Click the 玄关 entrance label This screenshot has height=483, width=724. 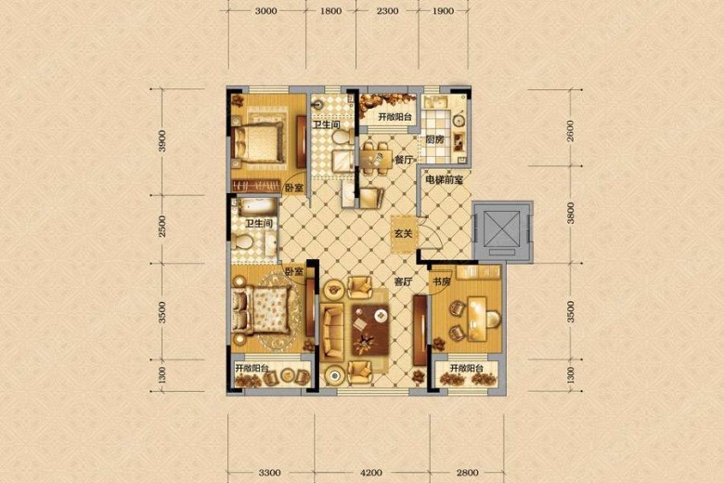tap(403, 234)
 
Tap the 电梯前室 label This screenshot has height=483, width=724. tap(444, 180)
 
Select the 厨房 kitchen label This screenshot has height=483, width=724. tap(434, 139)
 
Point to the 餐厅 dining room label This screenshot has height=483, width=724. tap(404, 160)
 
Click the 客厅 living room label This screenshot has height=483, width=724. tap(403, 281)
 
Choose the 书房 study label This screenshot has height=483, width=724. tap(441, 281)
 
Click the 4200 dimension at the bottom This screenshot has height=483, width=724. tap(370, 473)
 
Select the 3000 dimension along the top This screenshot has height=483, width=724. tap(266, 10)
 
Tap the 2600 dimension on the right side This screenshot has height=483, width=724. tap(571, 131)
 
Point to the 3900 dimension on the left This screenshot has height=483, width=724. tap(162, 141)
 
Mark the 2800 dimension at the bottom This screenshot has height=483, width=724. tap(467, 473)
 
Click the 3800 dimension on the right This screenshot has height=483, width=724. tap(571, 213)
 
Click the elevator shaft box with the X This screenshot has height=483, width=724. tap(502, 231)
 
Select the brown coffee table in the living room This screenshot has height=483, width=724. tap(369, 331)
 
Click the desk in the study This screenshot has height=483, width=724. tap(478, 319)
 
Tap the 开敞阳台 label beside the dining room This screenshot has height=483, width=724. tap(394, 117)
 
